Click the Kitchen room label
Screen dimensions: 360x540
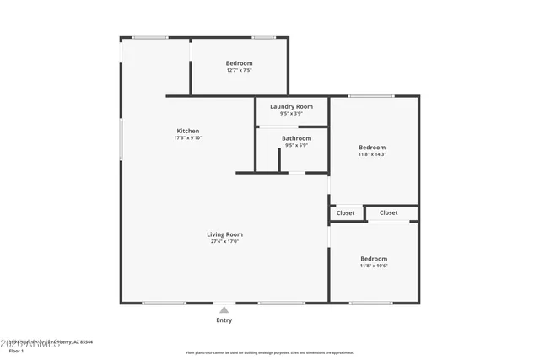click(x=188, y=131)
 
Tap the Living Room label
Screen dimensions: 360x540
click(x=224, y=234)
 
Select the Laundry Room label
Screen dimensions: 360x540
click(x=291, y=107)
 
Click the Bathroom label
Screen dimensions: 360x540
click(x=296, y=138)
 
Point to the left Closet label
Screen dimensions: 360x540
click(x=346, y=213)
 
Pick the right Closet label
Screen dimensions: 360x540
click(x=389, y=213)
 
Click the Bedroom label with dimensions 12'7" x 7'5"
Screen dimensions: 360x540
click(x=239, y=63)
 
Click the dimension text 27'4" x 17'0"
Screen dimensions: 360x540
click(x=224, y=242)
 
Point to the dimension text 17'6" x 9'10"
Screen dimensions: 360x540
click(x=188, y=138)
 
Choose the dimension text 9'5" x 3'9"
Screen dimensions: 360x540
click(x=291, y=114)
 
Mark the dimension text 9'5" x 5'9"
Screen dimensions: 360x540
click(x=296, y=145)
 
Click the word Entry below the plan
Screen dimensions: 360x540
click(x=224, y=320)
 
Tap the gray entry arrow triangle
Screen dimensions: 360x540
click(x=224, y=310)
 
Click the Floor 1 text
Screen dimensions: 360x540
click(x=17, y=351)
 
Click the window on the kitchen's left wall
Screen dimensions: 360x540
click(x=121, y=139)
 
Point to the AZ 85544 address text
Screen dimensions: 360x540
click(x=80, y=342)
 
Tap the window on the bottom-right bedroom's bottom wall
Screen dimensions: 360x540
click(x=371, y=303)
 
